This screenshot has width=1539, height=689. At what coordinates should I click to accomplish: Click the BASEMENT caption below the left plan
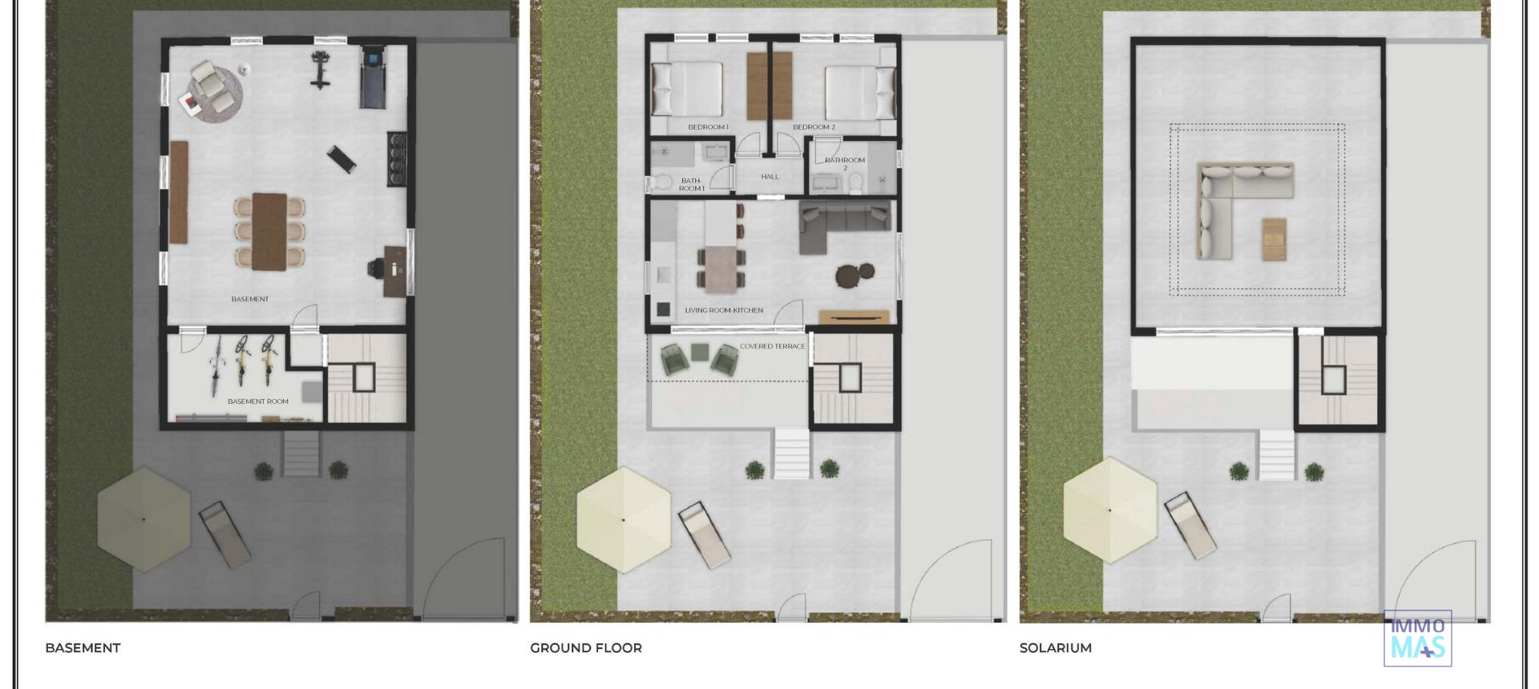pos(83,647)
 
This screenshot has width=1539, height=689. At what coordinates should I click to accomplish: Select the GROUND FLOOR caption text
pos(585,647)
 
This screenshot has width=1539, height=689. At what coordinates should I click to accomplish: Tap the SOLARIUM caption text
pos(1055,647)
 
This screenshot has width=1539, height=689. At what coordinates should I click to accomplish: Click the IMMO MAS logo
pos(1417,639)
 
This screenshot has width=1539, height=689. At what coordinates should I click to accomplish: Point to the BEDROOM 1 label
pos(708,127)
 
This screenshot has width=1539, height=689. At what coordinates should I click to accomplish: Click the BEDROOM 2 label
pos(814,127)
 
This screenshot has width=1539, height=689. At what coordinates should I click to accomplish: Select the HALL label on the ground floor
pos(769,176)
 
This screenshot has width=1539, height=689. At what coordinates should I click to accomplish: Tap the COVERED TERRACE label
pos(772,346)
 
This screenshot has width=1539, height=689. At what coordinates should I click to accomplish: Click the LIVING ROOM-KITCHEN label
pos(723,310)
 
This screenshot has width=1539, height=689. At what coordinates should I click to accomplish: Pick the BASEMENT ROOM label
pos(257,401)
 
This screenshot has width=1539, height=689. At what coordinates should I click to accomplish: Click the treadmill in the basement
pos(372,79)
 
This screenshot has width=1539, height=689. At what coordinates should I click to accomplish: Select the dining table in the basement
pos(269,231)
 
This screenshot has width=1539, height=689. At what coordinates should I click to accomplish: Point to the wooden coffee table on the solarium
pos(1274,239)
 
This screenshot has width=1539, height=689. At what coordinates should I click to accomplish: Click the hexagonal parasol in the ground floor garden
pos(623,520)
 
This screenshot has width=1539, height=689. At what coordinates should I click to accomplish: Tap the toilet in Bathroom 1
pos(660,182)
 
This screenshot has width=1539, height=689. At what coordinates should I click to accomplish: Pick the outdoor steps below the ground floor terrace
pos(791,453)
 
